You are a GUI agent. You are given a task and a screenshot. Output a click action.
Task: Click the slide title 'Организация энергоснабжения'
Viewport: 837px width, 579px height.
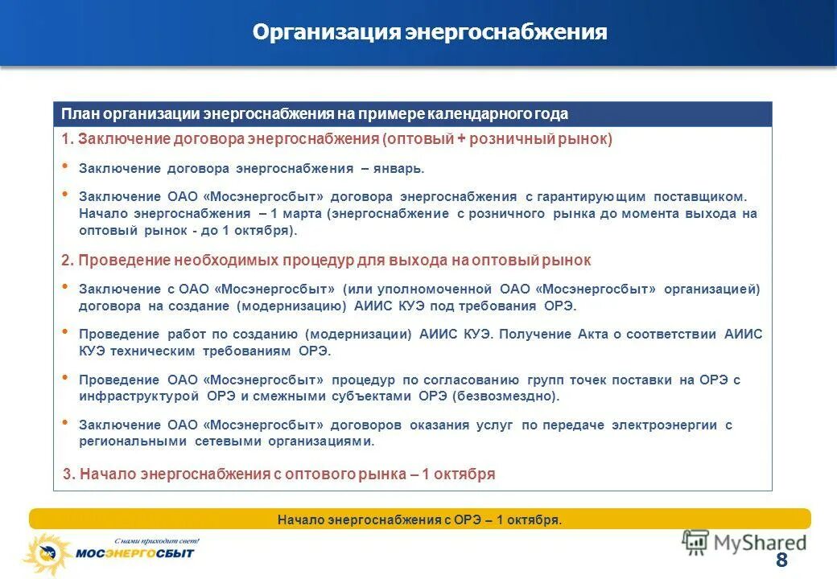[x=430, y=32]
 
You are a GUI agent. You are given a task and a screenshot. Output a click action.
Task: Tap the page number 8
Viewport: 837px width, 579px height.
[x=781, y=561]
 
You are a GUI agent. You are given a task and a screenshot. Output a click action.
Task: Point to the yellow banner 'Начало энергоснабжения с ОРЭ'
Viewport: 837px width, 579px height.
[x=419, y=519]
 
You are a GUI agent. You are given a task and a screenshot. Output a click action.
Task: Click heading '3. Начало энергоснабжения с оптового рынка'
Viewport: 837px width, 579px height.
[x=278, y=474]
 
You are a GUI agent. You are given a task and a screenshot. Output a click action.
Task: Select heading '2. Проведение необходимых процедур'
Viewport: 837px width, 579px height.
[x=327, y=261]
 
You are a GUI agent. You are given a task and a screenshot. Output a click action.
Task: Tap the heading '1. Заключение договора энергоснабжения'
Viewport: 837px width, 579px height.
[x=337, y=139]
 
